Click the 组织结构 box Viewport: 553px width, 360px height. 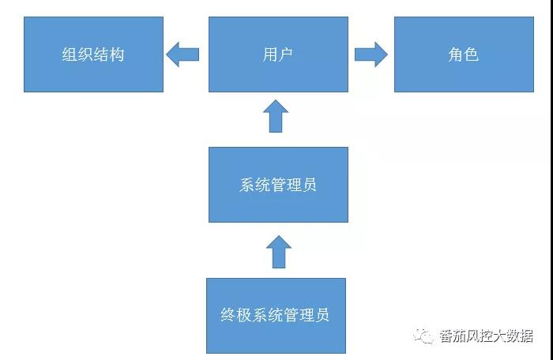[x=93, y=54]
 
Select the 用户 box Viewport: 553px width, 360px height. [x=278, y=54]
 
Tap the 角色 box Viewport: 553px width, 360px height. [x=463, y=54]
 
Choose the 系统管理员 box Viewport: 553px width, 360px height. [x=278, y=185]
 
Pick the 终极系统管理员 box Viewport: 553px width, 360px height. [x=276, y=315]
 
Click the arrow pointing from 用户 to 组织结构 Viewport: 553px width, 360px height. [x=182, y=54]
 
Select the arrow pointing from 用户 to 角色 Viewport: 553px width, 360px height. [x=371, y=54]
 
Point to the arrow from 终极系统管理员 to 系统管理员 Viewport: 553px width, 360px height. [x=278, y=250]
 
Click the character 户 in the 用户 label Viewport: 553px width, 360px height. [x=286, y=55]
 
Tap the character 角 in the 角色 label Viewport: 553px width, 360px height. [x=455, y=55]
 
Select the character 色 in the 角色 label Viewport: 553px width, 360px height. [x=471, y=55]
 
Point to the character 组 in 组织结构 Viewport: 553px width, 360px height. [x=70, y=55]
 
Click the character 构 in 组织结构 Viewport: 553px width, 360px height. [x=117, y=55]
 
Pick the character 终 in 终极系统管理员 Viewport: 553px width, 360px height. [x=228, y=316]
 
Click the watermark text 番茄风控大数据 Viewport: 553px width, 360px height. [x=486, y=337]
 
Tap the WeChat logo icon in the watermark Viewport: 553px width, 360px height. [x=426, y=336]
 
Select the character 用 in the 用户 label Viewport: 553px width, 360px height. [x=270, y=55]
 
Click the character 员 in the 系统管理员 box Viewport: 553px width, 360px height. [x=310, y=186]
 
